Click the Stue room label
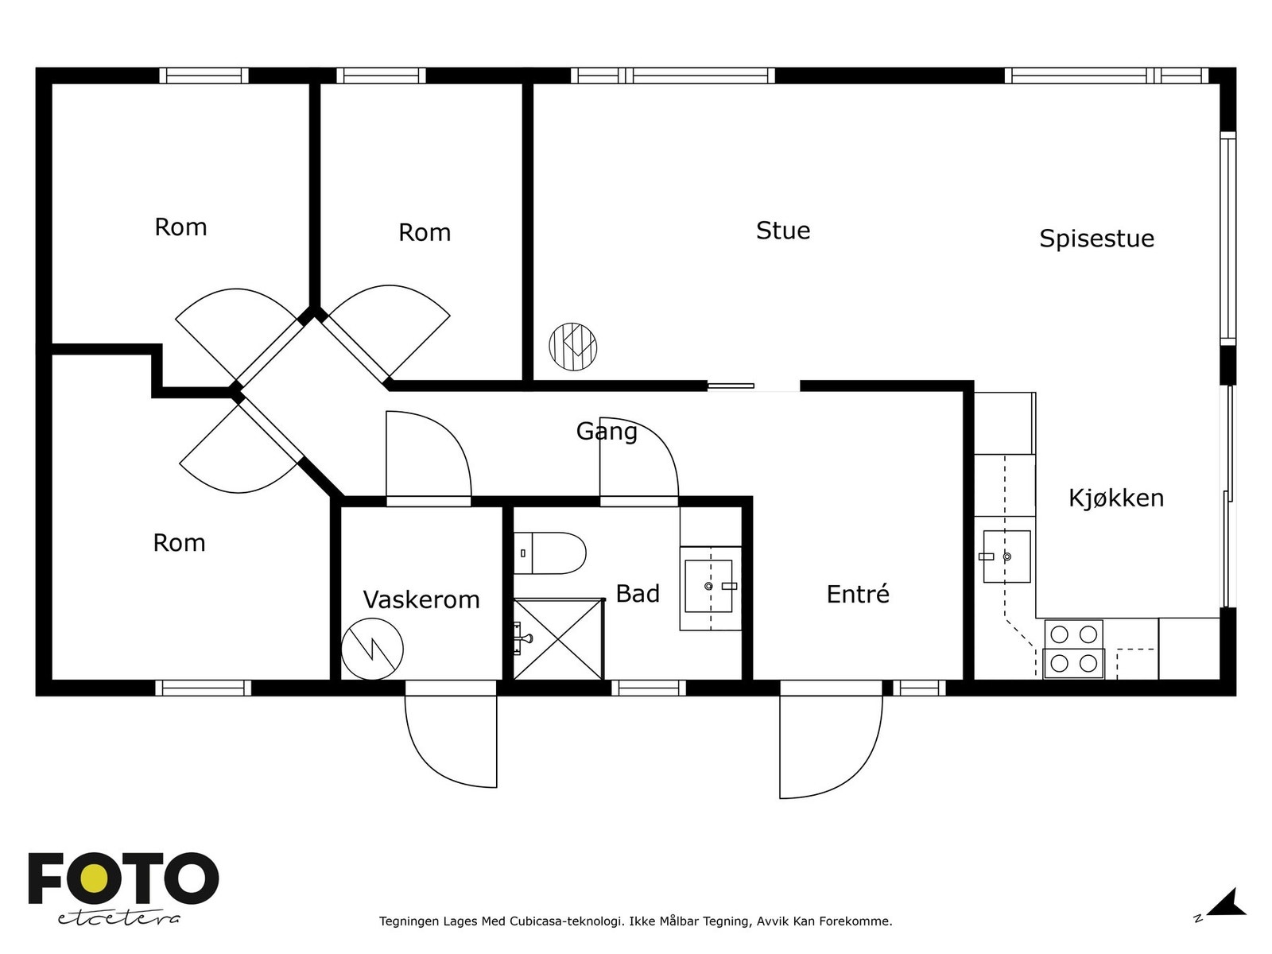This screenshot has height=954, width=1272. [x=782, y=231]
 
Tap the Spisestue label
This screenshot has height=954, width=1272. [x=1096, y=238]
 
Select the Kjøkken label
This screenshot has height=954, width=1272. [x=1115, y=498]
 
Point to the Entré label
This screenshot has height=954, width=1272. [x=858, y=594]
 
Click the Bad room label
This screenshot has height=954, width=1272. [x=638, y=594]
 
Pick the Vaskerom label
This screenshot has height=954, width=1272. [x=421, y=599]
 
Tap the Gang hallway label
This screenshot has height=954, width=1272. [x=607, y=432]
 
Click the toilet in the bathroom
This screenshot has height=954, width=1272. [x=550, y=553]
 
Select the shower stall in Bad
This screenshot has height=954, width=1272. [x=559, y=639]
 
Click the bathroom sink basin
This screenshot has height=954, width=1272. [x=708, y=586]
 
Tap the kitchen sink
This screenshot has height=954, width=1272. [x=1006, y=556]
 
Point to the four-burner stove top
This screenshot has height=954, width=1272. [x=1074, y=649]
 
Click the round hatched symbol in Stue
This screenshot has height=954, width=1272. [x=572, y=347]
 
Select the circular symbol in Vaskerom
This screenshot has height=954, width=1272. [x=372, y=649]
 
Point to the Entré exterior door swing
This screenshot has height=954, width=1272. [x=831, y=747]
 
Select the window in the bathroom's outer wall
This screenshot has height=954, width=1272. [x=649, y=688]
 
